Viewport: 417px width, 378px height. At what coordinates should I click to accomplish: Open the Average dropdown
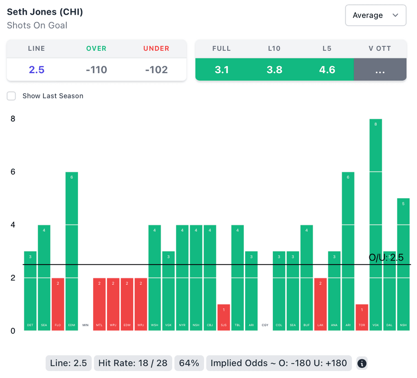pyautogui.click(x=375, y=15)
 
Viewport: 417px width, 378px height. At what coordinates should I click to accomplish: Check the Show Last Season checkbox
pyautogui.click(x=11, y=96)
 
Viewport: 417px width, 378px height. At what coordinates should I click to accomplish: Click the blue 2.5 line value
pyautogui.click(x=36, y=70)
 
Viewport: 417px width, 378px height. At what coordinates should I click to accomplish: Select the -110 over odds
pyautogui.click(x=96, y=70)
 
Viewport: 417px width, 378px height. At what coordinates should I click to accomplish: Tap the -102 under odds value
pyautogui.click(x=156, y=70)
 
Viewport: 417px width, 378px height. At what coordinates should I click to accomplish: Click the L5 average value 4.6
pyautogui.click(x=327, y=70)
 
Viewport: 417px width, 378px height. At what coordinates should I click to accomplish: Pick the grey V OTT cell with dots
pyautogui.click(x=380, y=70)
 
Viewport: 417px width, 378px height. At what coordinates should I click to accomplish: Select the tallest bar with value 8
pyautogui.click(x=375, y=224)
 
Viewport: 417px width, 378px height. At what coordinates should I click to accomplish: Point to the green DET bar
pyautogui.click(x=30, y=291)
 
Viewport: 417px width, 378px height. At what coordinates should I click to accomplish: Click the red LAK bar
pyautogui.click(x=320, y=304)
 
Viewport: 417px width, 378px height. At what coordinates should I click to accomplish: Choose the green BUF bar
pyautogui.click(x=307, y=278)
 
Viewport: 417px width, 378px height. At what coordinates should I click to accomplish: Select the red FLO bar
pyautogui.click(x=58, y=304)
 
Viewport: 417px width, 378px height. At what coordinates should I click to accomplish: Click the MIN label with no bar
pyautogui.click(x=86, y=325)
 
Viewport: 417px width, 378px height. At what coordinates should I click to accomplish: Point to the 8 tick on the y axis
pyautogui.click(x=13, y=119)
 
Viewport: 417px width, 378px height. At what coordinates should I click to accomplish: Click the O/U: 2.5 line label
pyautogui.click(x=386, y=257)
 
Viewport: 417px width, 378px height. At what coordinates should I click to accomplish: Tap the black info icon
pyautogui.click(x=362, y=363)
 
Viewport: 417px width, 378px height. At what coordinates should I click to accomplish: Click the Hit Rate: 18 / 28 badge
pyautogui.click(x=133, y=363)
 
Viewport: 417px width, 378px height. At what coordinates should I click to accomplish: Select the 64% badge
pyautogui.click(x=189, y=363)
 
